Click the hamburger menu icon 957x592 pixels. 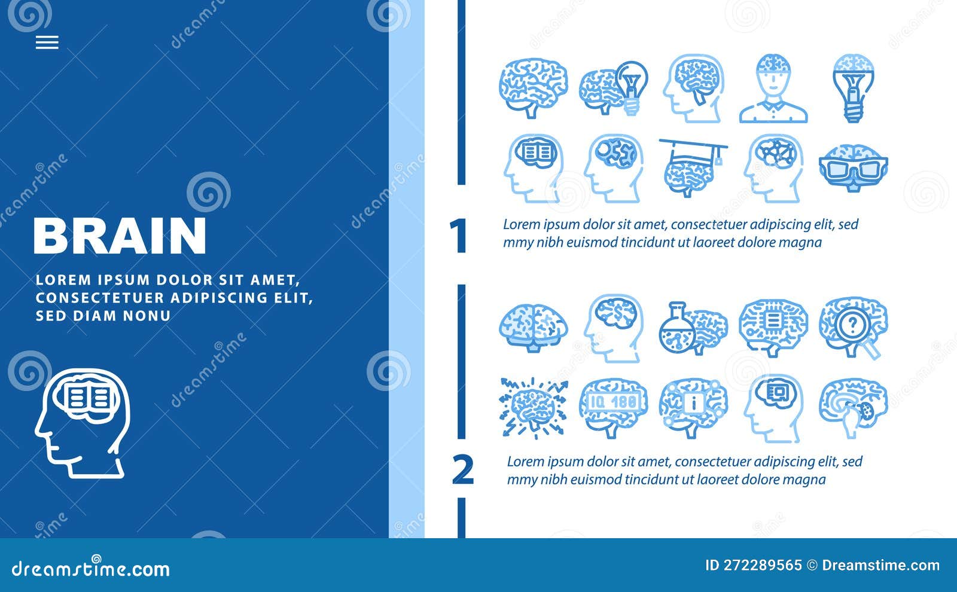click(47, 42)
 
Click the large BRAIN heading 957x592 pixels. click(120, 236)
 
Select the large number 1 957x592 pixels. click(458, 236)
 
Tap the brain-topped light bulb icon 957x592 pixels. click(854, 88)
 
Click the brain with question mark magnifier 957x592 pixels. click(853, 327)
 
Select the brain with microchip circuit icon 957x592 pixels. click(773, 326)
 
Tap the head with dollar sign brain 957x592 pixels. click(614, 327)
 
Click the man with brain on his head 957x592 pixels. click(773, 89)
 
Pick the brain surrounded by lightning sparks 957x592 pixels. click(534, 407)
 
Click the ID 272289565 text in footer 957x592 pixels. click(754, 565)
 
